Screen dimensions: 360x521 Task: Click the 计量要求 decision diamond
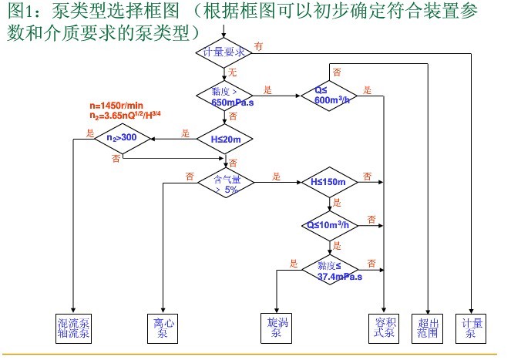(x=224, y=52)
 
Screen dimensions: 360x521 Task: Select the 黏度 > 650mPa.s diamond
(x=224, y=96)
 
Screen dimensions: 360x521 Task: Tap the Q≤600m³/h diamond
(x=332, y=96)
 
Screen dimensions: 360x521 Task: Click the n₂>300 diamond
(x=122, y=140)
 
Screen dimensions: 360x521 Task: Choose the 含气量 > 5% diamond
(x=225, y=183)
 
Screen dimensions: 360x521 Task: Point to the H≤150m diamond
(x=332, y=183)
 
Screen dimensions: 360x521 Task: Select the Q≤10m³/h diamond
(x=332, y=225)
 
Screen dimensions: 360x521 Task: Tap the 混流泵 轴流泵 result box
(x=74, y=328)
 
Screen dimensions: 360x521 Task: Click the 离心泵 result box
(x=162, y=328)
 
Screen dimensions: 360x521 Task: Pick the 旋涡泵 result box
(x=274, y=328)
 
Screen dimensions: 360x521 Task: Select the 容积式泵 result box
(x=384, y=328)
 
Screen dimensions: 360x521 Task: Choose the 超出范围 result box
(x=428, y=328)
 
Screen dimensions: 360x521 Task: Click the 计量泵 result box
(x=469, y=328)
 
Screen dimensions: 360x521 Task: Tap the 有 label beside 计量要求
(x=259, y=46)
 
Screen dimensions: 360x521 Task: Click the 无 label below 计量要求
(x=231, y=72)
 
